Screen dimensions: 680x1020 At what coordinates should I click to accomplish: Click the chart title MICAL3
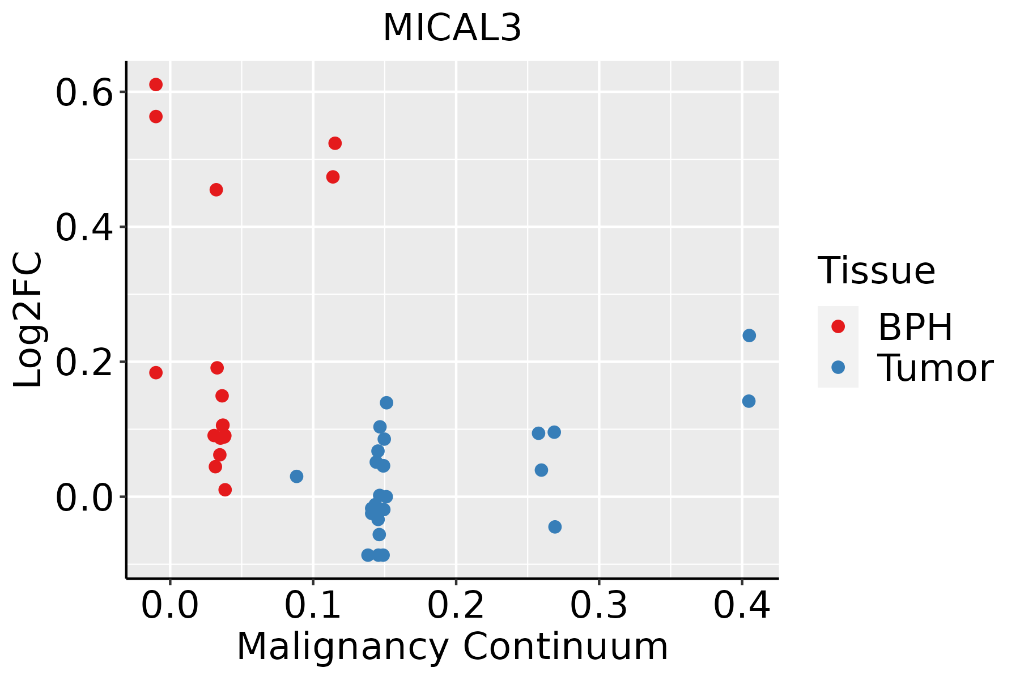(x=452, y=28)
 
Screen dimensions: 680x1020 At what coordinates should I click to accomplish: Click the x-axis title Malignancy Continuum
(x=452, y=647)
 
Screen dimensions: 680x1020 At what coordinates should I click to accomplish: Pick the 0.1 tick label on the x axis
(x=312, y=606)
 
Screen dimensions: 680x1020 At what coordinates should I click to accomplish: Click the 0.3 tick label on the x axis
(x=598, y=606)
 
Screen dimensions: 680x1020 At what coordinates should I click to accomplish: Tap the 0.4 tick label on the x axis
(x=741, y=606)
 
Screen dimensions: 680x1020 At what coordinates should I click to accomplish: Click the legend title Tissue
(x=876, y=271)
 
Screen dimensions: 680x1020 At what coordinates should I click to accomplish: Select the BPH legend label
(x=915, y=327)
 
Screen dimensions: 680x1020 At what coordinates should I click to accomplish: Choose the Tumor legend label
(x=935, y=368)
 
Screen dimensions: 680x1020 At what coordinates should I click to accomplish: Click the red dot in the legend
(x=838, y=326)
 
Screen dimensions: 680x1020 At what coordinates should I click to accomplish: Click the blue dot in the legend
(x=838, y=367)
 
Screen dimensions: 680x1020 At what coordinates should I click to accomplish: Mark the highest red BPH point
(x=156, y=84)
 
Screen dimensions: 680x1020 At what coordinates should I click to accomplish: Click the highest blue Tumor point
(x=749, y=335)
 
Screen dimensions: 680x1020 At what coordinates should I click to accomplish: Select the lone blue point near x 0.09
(x=296, y=476)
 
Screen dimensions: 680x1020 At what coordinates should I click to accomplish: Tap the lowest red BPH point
(x=225, y=490)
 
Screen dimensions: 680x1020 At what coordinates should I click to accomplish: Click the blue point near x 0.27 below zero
(x=555, y=527)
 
